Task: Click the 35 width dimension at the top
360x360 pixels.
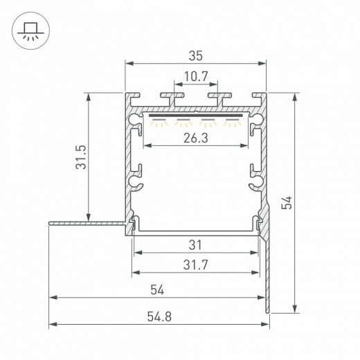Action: [x=195, y=53]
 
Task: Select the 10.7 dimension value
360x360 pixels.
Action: [x=195, y=77]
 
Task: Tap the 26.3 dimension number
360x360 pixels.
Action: [x=196, y=137]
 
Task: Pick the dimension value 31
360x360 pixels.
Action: [x=196, y=244]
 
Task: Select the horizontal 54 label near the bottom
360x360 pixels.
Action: [x=158, y=289]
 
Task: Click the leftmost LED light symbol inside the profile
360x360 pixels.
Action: [x=160, y=123]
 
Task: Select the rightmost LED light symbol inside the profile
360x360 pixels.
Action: [x=232, y=123]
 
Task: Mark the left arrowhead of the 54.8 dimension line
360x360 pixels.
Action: [x=52, y=323]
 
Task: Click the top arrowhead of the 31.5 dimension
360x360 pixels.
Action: [x=89, y=96]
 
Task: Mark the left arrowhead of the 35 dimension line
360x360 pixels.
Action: [x=127, y=64]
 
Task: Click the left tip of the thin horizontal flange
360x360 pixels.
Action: [x=49, y=223]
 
